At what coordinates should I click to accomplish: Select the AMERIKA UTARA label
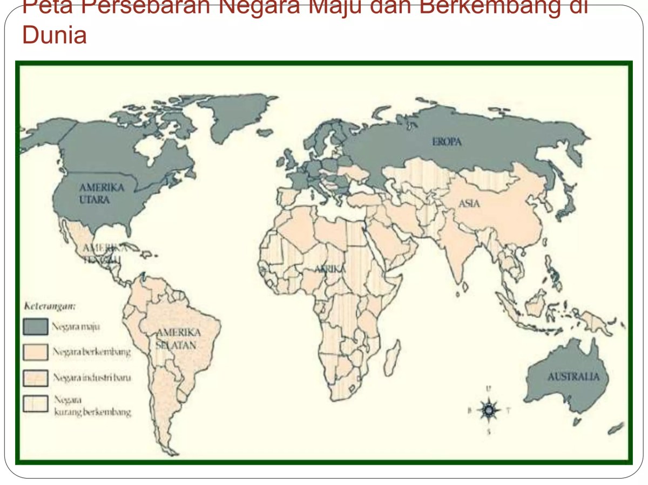click(101, 193)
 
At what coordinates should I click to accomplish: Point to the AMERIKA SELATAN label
click(178, 338)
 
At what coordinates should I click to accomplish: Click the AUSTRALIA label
click(573, 377)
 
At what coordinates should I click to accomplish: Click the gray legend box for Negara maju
click(35, 326)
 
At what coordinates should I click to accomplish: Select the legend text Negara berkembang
click(91, 352)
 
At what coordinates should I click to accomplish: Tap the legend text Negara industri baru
click(91, 378)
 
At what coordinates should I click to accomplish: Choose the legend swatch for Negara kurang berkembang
click(35, 404)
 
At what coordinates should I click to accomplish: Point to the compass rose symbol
click(489, 410)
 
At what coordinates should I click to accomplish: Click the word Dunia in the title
click(54, 36)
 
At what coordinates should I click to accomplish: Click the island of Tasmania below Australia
click(576, 420)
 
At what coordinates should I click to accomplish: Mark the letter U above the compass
click(489, 388)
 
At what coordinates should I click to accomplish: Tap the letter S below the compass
click(489, 432)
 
